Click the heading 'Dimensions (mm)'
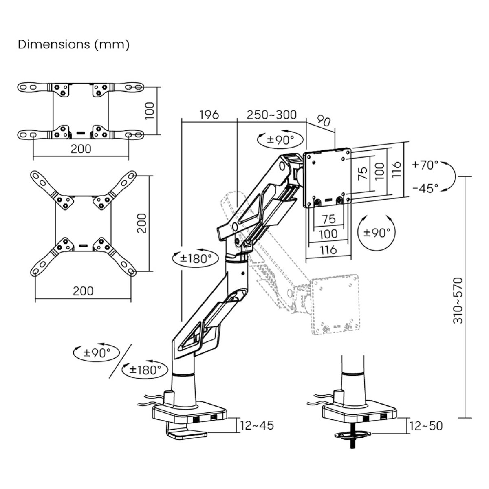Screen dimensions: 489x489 [74, 45]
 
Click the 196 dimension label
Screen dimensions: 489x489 [209, 115]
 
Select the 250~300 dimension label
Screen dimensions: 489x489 [271, 115]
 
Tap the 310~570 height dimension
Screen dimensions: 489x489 [458, 300]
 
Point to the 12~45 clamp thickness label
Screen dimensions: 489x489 [257, 425]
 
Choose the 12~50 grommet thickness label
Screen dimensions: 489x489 [426, 426]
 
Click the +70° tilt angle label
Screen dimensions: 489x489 [425, 165]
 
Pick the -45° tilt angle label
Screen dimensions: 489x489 [425, 188]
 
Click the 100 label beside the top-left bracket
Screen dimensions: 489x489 [150, 111]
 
